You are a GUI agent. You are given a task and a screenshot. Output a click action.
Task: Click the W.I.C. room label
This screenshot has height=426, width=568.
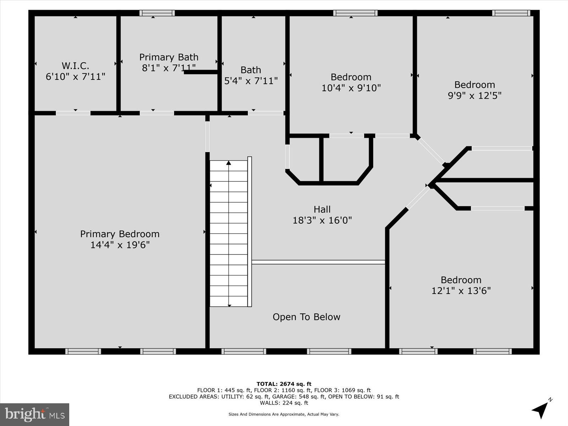(x=75, y=66)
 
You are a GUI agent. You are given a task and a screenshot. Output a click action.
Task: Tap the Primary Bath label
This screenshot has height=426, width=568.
(x=169, y=57)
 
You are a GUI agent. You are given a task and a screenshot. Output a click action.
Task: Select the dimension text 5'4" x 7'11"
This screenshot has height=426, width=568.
(x=251, y=81)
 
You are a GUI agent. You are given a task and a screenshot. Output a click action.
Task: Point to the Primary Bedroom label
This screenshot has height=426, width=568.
(x=120, y=234)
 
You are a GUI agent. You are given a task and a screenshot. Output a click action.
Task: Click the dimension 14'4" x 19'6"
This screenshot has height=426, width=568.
(x=120, y=245)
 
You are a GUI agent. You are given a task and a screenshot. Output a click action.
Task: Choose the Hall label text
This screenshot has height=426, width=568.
(x=322, y=209)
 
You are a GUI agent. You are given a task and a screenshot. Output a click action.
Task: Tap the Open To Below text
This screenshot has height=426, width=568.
(x=306, y=317)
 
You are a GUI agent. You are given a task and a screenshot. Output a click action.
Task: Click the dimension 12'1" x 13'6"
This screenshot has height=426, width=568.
(x=461, y=291)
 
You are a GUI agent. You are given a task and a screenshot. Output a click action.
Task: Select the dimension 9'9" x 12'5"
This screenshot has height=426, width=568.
(x=474, y=95)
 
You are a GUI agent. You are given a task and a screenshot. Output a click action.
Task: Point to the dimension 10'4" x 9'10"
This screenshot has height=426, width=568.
(x=351, y=88)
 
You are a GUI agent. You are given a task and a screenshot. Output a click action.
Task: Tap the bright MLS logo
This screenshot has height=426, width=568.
(x=34, y=414)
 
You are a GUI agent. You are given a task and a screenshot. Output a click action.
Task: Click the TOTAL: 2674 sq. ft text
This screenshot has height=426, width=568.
(x=284, y=384)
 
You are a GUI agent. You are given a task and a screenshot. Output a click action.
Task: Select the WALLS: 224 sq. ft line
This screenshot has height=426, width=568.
(x=284, y=403)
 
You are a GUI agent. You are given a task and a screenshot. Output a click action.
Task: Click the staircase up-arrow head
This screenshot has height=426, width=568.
(x=229, y=163)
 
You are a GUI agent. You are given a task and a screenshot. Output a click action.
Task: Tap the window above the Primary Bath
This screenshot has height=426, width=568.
(x=157, y=13)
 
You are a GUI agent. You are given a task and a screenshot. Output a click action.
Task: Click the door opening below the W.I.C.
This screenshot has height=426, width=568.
(x=73, y=113)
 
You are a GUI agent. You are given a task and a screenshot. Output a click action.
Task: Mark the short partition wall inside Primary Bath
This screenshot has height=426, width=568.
(x=201, y=72)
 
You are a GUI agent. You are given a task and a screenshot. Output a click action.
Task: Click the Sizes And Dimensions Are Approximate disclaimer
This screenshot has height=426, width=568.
(x=284, y=414)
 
